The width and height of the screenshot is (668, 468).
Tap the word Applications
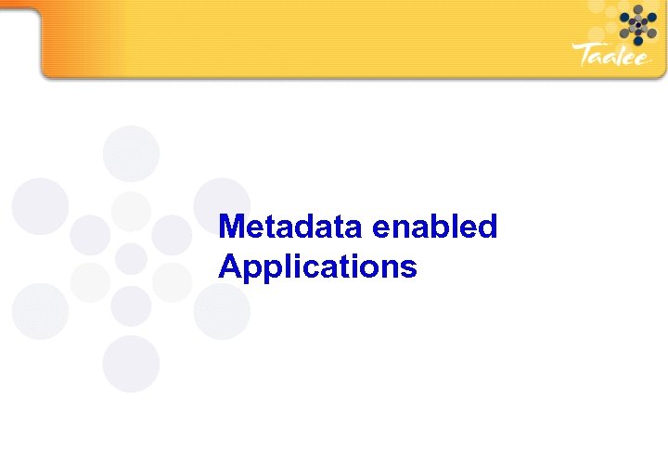[x=317, y=268]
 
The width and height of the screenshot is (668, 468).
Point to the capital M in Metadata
[x=230, y=227]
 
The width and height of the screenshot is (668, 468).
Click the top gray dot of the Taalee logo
[x=637, y=9]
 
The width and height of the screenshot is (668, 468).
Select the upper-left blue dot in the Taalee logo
[x=625, y=17]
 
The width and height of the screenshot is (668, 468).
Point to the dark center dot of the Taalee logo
[x=637, y=25]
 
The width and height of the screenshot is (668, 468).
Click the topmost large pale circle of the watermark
[x=131, y=153]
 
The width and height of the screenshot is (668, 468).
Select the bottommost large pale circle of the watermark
[x=131, y=364]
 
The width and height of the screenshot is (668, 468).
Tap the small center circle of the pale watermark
[x=131, y=258]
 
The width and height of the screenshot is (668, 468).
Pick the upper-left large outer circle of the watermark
[x=40, y=206]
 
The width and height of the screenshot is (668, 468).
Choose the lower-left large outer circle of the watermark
[x=40, y=311]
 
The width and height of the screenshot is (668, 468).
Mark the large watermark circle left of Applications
[x=221, y=311]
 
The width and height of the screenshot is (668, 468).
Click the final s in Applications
[x=409, y=268]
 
